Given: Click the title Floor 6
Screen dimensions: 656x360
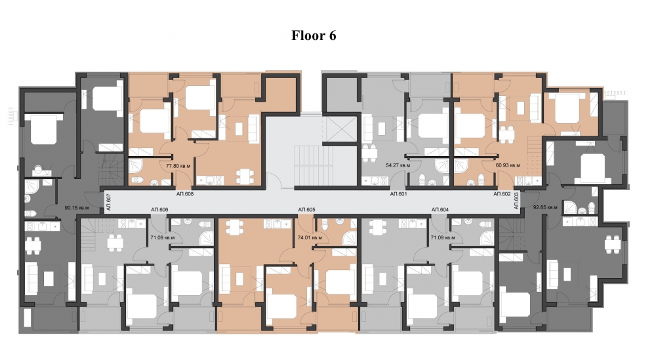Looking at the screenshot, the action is click(x=314, y=35).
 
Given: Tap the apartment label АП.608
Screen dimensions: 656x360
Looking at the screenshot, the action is click(x=185, y=194).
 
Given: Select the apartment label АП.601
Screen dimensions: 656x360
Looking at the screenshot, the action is click(x=399, y=194).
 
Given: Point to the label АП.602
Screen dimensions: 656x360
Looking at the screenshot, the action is click(x=502, y=194).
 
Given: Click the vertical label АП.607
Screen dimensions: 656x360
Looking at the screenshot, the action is click(x=108, y=202).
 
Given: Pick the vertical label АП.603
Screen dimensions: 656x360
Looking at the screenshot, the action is click(x=516, y=200).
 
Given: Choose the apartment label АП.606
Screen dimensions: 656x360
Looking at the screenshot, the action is click(x=159, y=209).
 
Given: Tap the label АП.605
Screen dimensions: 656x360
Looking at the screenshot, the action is click(x=306, y=209).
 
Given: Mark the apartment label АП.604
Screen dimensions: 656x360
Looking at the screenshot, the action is click(x=440, y=209).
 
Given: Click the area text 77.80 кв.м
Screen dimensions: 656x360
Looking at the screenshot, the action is click(x=178, y=166).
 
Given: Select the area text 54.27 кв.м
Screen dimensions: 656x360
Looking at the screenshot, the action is click(x=398, y=166).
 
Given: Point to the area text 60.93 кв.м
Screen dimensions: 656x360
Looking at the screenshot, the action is click(x=508, y=166).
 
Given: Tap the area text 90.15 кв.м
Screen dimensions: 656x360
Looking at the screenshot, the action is click(x=77, y=207).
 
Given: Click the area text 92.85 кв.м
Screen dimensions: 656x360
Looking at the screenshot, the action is click(x=545, y=207).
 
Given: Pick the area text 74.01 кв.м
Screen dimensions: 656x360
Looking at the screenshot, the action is click(x=310, y=237).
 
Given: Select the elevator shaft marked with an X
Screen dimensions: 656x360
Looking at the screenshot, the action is click(x=340, y=129).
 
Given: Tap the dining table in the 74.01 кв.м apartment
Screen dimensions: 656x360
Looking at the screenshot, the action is click(x=234, y=228).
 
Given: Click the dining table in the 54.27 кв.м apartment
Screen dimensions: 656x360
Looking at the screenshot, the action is click(x=370, y=153).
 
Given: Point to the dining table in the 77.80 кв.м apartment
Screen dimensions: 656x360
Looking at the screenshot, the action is click(x=244, y=176).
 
